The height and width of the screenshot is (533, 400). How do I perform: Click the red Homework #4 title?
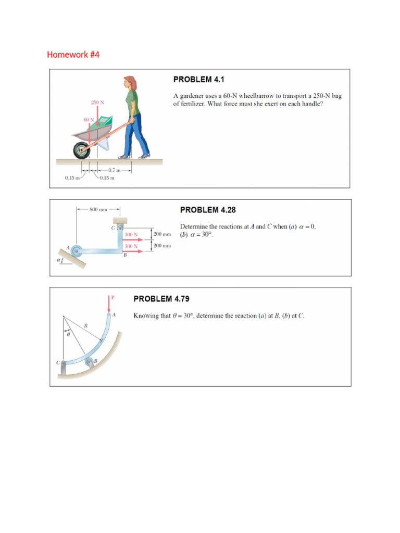pyautogui.click(x=73, y=54)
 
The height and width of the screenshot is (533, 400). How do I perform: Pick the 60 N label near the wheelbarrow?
pyautogui.click(x=89, y=120)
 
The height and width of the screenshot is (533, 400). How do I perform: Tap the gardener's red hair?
pyautogui.click(x=129, y=82)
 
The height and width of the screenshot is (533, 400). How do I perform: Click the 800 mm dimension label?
pyautogui.click(x=98, y=210)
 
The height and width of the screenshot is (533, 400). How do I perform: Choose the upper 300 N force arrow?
pyautogui.click(x=133, y=239)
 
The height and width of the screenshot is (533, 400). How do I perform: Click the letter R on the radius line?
pyautogui.click(x=85, y=325)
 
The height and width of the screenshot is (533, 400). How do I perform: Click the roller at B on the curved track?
pyautogui.click(x=90, y=362)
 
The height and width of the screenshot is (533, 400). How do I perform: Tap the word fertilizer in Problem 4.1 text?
pyautogui.click(x=192, y=104)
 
